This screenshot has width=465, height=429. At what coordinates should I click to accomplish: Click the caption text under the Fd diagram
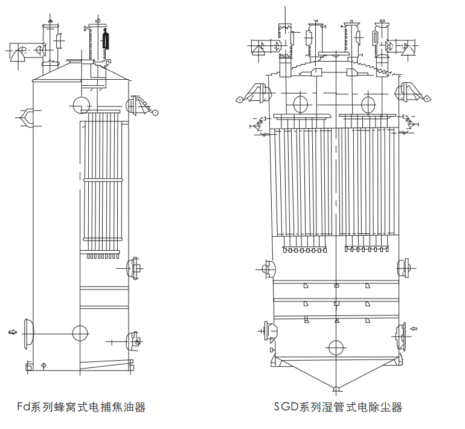pos(81,407)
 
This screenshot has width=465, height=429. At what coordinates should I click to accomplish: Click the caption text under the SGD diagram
pos(338,407)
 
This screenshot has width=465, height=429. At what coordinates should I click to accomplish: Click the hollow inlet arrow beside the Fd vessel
pos(13,331)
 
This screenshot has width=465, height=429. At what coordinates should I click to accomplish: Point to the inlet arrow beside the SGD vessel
pos(414,329)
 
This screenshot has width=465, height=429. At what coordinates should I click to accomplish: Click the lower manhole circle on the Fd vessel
pos(79,332)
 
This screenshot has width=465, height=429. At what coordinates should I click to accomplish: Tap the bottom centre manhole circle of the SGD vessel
pos(335,347)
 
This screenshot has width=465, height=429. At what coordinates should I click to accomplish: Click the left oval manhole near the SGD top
pos(300,104)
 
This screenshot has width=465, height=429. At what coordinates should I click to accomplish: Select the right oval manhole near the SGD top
pos(368,104)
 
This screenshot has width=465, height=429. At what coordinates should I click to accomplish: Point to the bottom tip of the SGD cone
pos(335,387)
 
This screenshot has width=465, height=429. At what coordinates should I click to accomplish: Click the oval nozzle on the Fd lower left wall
pos(28,330)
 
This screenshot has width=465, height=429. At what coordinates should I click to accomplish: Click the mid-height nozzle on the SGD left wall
pos(267,266)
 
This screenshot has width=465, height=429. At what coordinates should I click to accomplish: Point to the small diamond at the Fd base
pos(43,365)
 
